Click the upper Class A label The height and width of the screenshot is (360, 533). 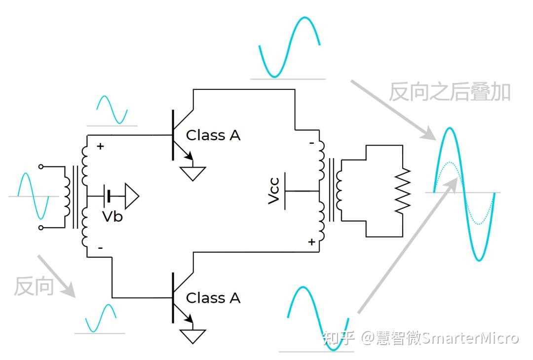[x=213, y=135]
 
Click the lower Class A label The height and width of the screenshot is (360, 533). [x=213, y=298]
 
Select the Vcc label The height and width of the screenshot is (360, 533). [x=274, y=191]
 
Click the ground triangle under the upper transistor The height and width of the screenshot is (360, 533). [x=192, y=173]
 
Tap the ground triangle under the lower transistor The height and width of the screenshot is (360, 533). [x=192, y=336]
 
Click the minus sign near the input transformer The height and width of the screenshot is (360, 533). [x=100, y=248]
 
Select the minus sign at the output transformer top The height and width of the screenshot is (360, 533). [x=312, y=143]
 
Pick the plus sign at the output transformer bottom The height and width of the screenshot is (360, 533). [x=312, y=241]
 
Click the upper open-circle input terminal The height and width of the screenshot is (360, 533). [x=41, y=166]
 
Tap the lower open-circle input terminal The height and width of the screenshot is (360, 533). [x=41, y=228]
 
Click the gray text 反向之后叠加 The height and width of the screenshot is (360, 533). [x=449, y=92]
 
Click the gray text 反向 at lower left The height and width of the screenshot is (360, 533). [x=34, y=286]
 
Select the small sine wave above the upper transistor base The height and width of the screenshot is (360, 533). [x=112, y=110]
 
